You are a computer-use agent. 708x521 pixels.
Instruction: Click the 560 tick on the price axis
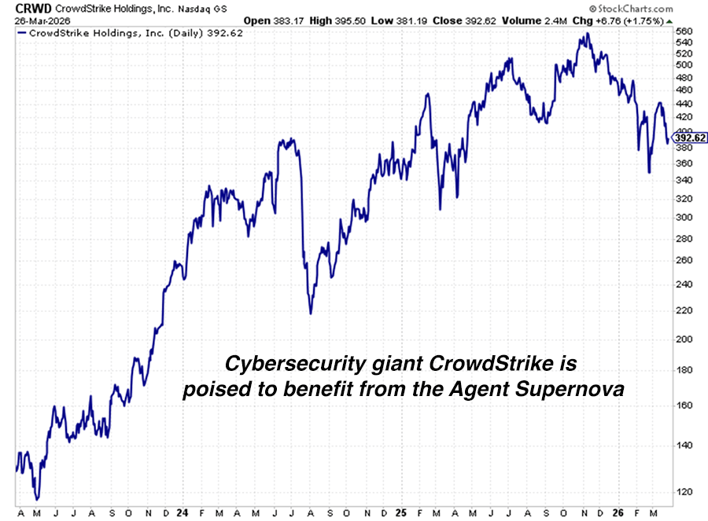pos(685,32)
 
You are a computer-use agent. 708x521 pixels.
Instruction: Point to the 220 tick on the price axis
pos(685,310)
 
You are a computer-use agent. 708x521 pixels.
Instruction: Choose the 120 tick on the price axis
pos(685,492)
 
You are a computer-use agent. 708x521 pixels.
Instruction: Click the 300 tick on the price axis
pos(685,217)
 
